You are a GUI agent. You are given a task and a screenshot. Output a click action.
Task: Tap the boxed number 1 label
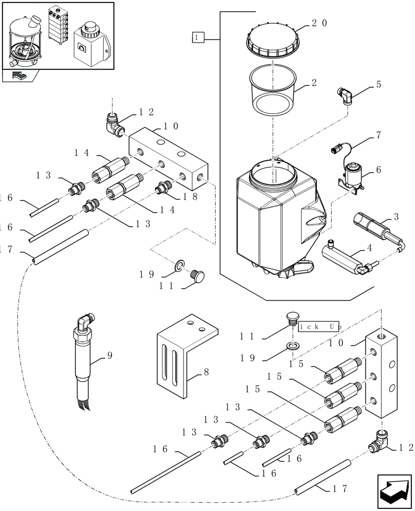pyautogui.click(x=198, y=37)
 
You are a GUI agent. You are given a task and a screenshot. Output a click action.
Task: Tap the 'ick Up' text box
pyautogui.click(x=320, y=326)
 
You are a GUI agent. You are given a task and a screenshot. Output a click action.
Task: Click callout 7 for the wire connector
pyautogui.click(x=378, y=135)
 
